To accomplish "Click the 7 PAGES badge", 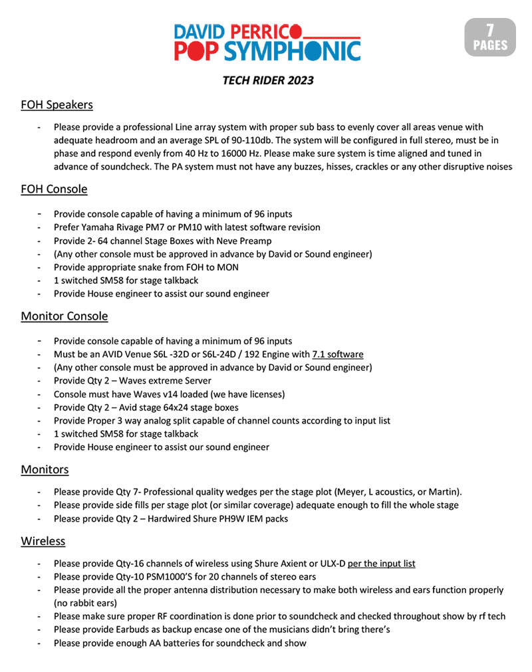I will pos(490,37).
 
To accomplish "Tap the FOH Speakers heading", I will pos(57,105).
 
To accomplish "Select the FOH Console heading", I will pos(54,189).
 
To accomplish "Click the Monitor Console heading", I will pos(64,316).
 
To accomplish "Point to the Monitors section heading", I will pos(45,469).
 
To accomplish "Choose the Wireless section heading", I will pos(43,541).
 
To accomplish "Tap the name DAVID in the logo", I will pos(198,31).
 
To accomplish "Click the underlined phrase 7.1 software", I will pos(338,354).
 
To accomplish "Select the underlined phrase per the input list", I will pos(382,564).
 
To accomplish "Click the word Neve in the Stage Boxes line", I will pos(230,241).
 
